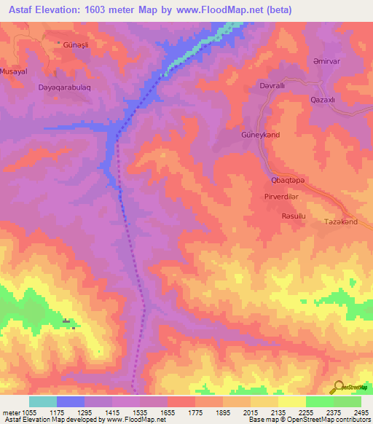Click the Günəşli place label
pos(78,44)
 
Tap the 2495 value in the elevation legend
pos(361,412)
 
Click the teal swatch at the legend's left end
pos(42,401)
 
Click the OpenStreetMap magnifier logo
pos(338,387)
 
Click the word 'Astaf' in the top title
pos(18,8)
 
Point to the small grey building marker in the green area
pos(67,321)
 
